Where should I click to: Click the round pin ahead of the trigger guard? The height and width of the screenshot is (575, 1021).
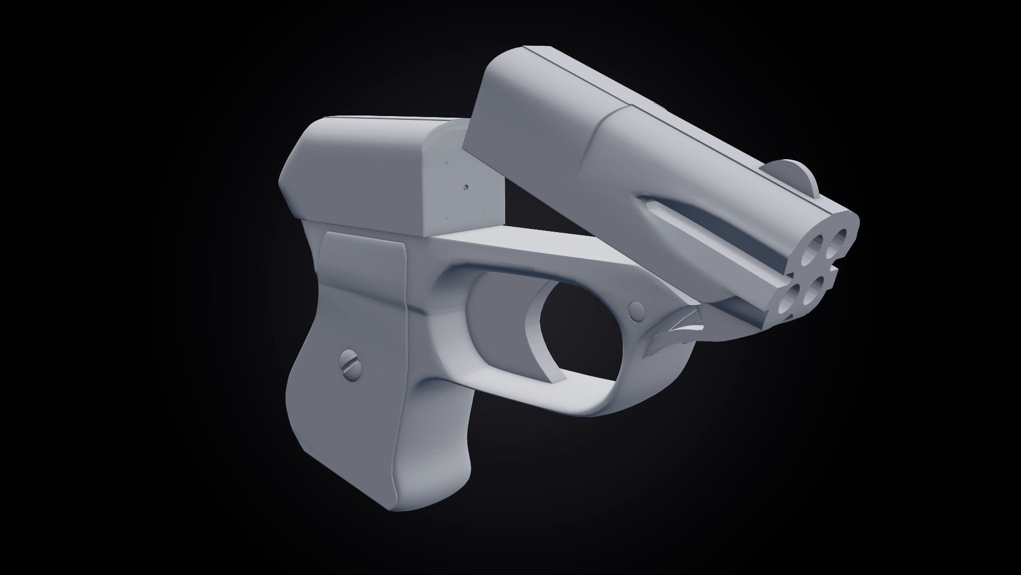coord(635,311)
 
